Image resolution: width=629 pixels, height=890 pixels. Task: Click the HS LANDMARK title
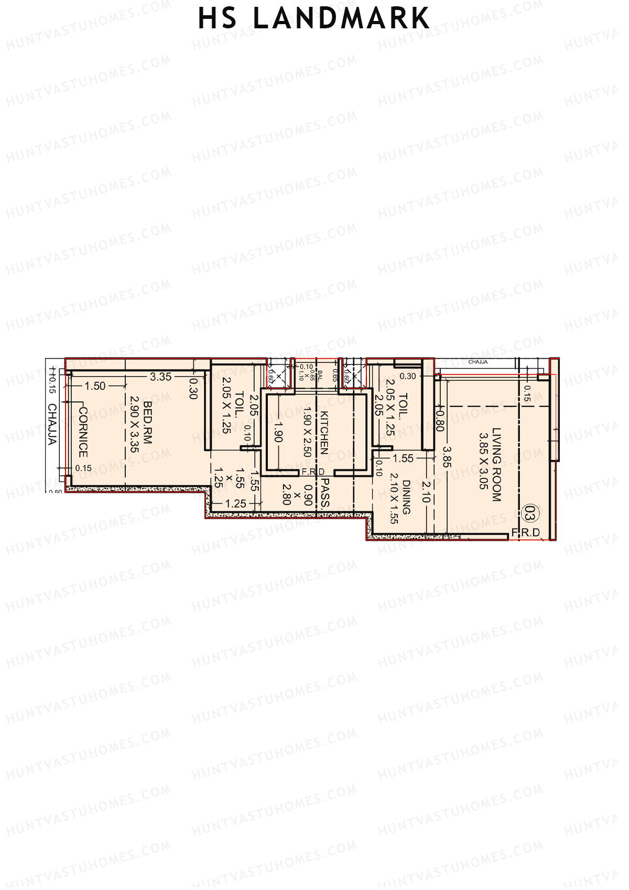coord(313,18)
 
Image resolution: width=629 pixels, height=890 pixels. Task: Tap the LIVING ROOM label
coord(496,465)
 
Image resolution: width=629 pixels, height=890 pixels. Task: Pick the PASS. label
coord(325,492)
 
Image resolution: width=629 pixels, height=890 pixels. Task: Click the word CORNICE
coord(83,432)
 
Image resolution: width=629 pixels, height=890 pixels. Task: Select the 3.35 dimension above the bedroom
coord(160,377)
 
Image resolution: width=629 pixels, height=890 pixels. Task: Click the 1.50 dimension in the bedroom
coord(95,386)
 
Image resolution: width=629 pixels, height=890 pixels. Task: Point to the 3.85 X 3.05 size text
coord(483,461)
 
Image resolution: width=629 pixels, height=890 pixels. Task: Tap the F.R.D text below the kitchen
coord(313,472)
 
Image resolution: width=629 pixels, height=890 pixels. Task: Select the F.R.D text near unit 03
coord(525,533)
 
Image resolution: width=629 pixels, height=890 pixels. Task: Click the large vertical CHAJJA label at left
coord(52,424)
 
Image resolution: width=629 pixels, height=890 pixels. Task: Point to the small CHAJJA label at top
coord(478,362)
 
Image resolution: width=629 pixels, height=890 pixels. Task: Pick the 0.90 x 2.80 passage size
coord(298,495)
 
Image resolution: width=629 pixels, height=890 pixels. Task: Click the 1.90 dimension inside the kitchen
coord(278,432)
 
